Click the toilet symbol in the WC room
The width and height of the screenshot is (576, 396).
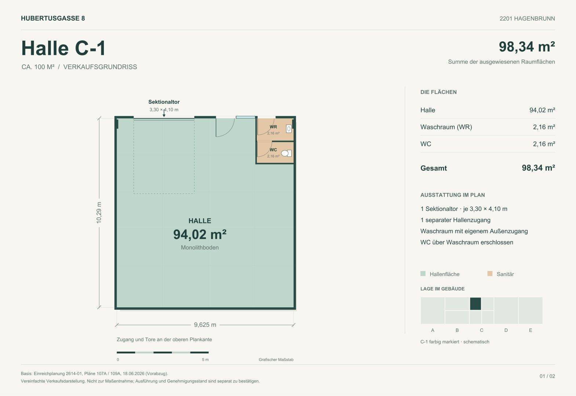point(286,153)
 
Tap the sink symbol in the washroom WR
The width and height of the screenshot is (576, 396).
point(289,129)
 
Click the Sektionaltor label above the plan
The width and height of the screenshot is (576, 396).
point(164,102)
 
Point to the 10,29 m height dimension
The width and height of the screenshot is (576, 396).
point(99,213)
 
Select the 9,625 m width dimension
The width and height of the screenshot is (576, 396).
point(205,325)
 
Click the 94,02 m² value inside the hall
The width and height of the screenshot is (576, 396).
point(200,234)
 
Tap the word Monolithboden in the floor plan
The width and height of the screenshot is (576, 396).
point(200,247)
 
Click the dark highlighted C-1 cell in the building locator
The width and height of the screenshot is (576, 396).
point(475,304)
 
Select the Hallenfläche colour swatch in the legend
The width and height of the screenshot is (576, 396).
point(423,274)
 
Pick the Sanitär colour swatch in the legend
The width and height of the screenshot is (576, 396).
point(490,274)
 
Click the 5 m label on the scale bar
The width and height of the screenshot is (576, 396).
point(205,360)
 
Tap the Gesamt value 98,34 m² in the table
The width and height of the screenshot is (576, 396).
point(538,168)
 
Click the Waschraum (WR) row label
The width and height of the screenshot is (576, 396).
point(446,127)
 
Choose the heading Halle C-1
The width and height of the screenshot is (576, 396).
point(63,48)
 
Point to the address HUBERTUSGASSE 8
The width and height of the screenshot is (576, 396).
point(53,18)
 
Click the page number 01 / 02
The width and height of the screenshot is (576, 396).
point(547,376)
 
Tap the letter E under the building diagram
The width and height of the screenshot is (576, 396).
point(531,330)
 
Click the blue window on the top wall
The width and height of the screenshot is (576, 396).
point(245,117)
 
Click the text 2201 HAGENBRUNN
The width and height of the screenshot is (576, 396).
point(527,18)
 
